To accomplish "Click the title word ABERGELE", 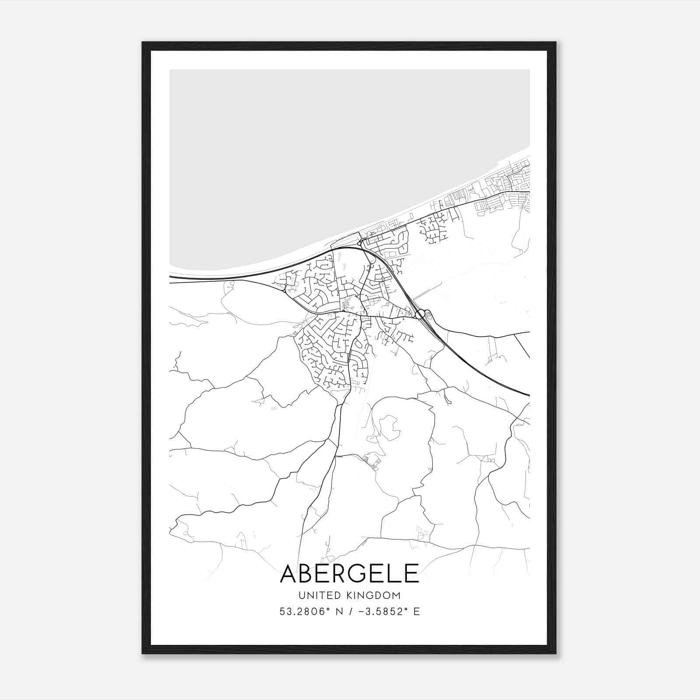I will [x=350, y=573].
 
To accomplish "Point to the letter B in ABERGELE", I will [x=309, y=573].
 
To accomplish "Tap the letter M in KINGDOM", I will [x=396, y=595].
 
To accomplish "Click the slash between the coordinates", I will [x=350, y=612].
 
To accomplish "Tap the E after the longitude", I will [x=416, y=612].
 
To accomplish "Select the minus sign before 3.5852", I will [x=361, y=612].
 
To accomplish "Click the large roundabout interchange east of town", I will [x=420, y=314].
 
